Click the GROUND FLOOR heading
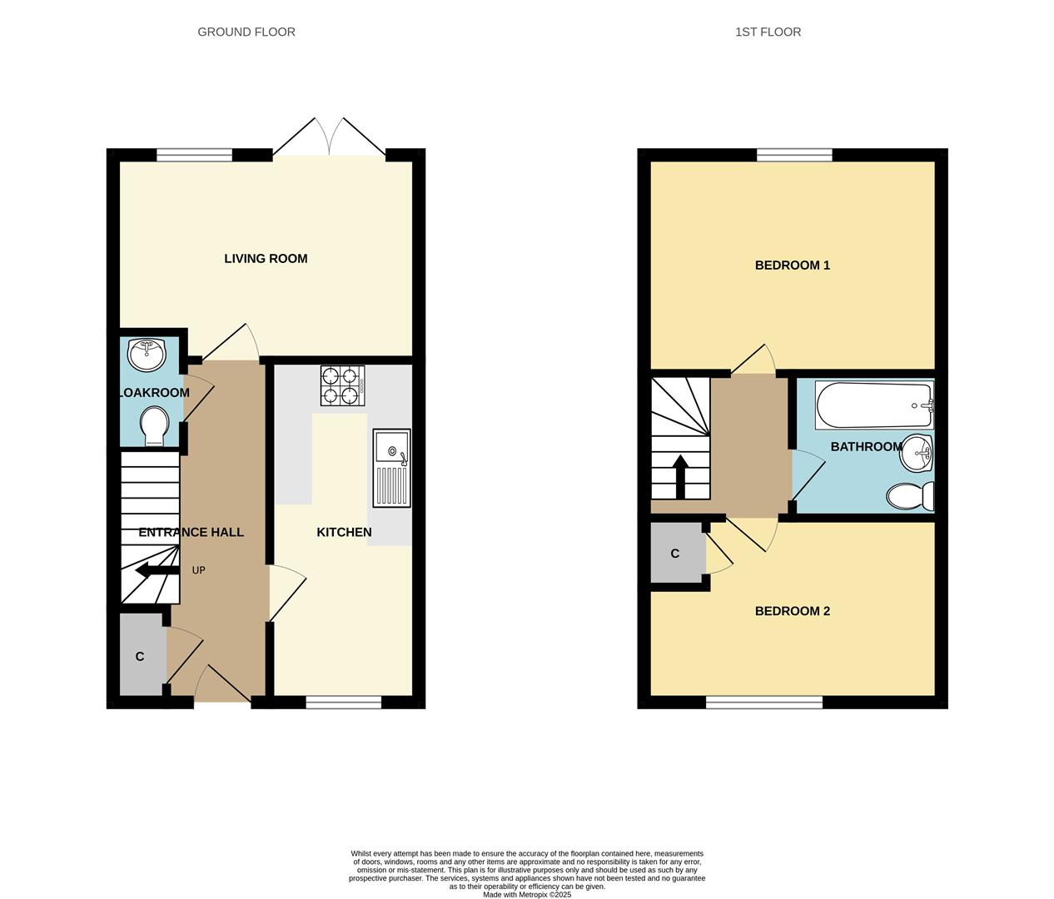coord(246,32)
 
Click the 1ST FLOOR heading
coord(768,32)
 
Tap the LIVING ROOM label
coord(266,259)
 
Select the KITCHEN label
coord(344,532)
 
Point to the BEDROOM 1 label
coord(792,266)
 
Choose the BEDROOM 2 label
coord(792,611)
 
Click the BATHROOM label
coord(866,447)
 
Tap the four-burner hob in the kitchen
coord(343,385)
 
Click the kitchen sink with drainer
coord(391,468)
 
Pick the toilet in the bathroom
coord(909,497)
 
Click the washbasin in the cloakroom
coord(148,355)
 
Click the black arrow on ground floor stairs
coord(154,570)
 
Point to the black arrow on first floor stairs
coord(680,475)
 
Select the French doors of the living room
coord(330,137)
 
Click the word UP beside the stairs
coord(198,570)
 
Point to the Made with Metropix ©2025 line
coord(527,895)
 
